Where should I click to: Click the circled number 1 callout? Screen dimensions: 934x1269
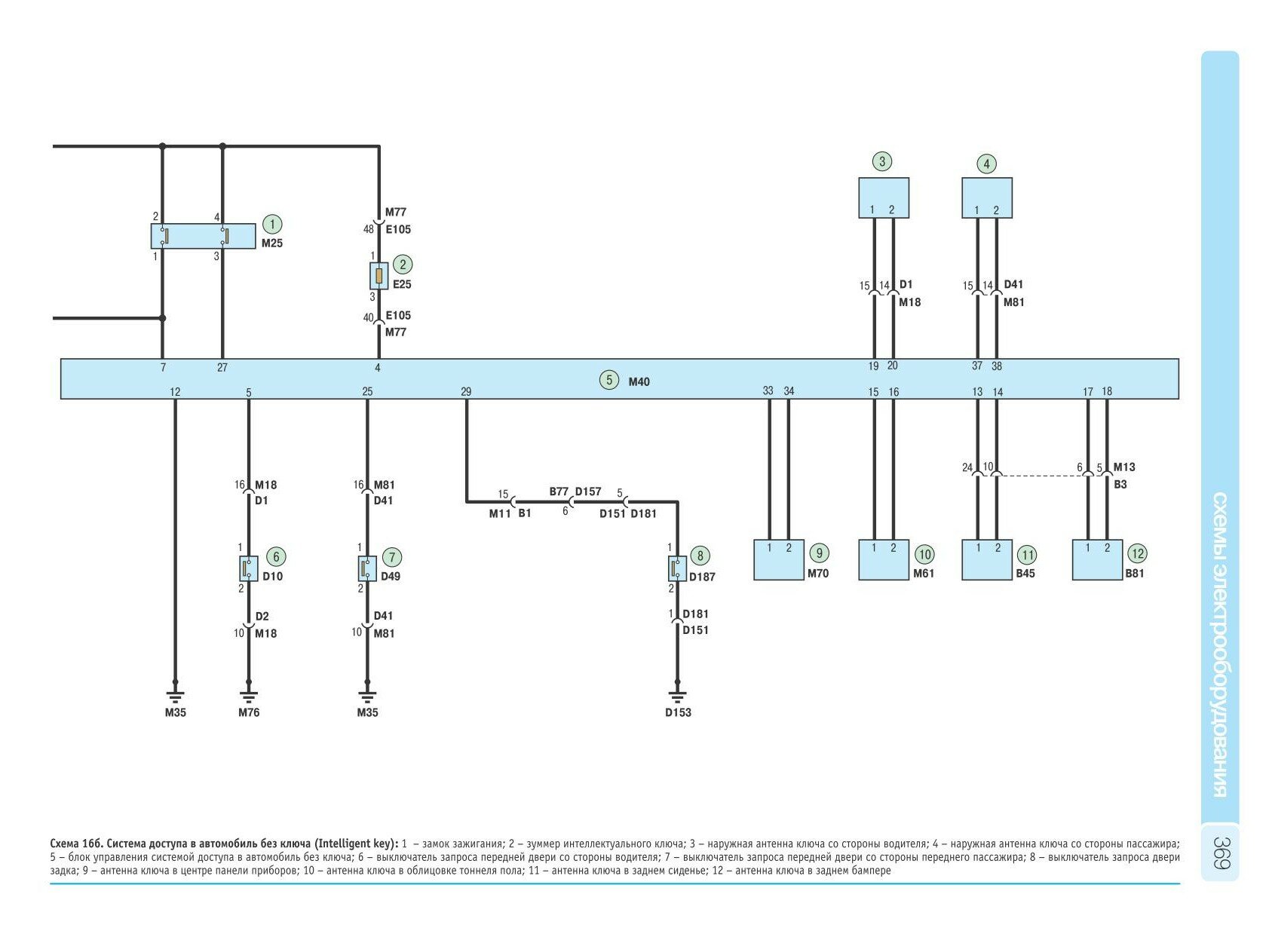pos(271,224)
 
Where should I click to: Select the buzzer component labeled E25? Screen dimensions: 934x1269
pos(379,276)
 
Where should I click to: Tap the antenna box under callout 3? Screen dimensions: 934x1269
pos(883,198)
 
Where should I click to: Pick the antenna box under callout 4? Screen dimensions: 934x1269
pos(986,198)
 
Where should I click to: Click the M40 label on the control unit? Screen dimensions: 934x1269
pos(639,381)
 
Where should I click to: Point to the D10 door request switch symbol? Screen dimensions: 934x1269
pos(249,568)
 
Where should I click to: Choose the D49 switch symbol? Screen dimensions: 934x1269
pos(367,568)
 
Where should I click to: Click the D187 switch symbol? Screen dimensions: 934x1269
pos(677,568)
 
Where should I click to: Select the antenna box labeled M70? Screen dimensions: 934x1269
pos(779,559)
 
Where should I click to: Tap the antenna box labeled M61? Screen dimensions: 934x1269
pos(883,559)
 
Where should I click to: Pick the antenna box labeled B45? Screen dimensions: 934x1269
pos(987,559)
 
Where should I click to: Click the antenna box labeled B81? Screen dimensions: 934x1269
pos(1097,559)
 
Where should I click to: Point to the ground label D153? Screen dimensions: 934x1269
pos(678,712)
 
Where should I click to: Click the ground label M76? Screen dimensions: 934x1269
pos(249,712)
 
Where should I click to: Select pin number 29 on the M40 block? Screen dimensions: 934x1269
pos(466,391)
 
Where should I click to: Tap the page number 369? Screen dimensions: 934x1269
pos(1221,853)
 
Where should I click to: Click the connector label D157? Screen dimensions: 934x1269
pos(588,491)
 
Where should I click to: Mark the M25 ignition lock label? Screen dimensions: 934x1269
pos(272,243)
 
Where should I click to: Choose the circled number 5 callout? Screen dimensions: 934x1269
pos(608,380)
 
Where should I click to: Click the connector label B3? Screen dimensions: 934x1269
pos(1120,484)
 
